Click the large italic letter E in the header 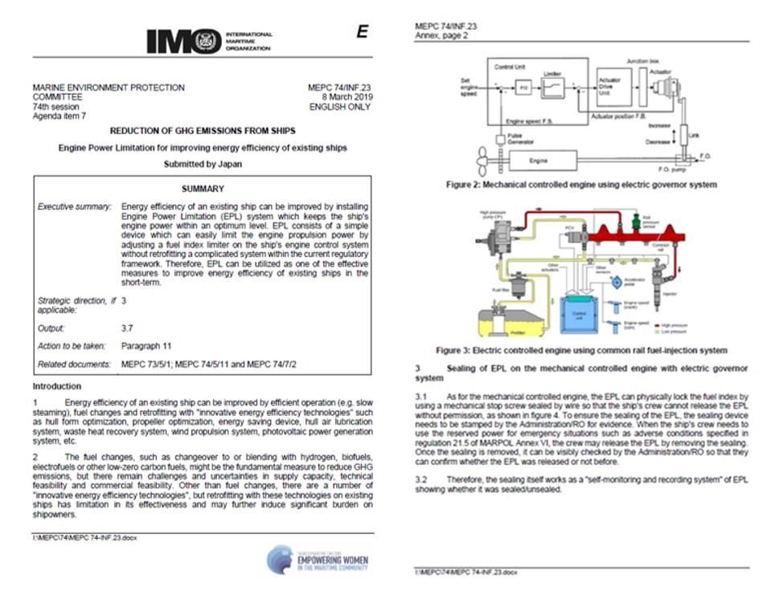[362, 31]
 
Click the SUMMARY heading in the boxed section [203, 189]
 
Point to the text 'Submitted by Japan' [202, 163]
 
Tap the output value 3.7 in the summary [127, 328]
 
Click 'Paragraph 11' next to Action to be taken [146, 346]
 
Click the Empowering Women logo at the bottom [319, 559]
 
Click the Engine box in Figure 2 [538, 161]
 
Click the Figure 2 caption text [581, 185]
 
